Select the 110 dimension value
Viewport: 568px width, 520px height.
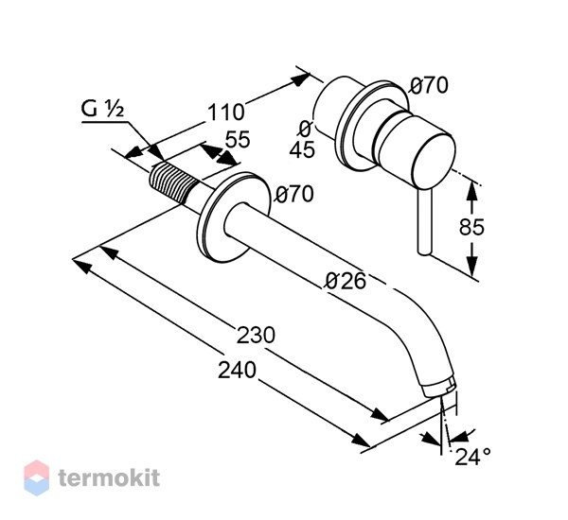point(225,113)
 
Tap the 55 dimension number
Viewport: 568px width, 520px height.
point(238,139)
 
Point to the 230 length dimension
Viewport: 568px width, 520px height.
point(256,335)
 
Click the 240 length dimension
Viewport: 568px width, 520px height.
point(237,371)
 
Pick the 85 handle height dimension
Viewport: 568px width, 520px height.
point(471,227)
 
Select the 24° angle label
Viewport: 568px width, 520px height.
point(472,457)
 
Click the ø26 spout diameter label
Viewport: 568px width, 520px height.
point(346,281)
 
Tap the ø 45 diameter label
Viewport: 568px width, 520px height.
point(303,140)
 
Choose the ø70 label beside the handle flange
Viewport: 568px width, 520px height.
point(429,86)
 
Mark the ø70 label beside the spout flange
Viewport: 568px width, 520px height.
point(294,194)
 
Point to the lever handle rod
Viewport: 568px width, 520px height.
point(424,221)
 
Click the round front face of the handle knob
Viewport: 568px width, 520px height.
point(434,161)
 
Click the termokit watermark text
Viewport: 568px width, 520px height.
point(109,477)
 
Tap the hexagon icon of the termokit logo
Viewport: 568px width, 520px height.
point(37,477)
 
